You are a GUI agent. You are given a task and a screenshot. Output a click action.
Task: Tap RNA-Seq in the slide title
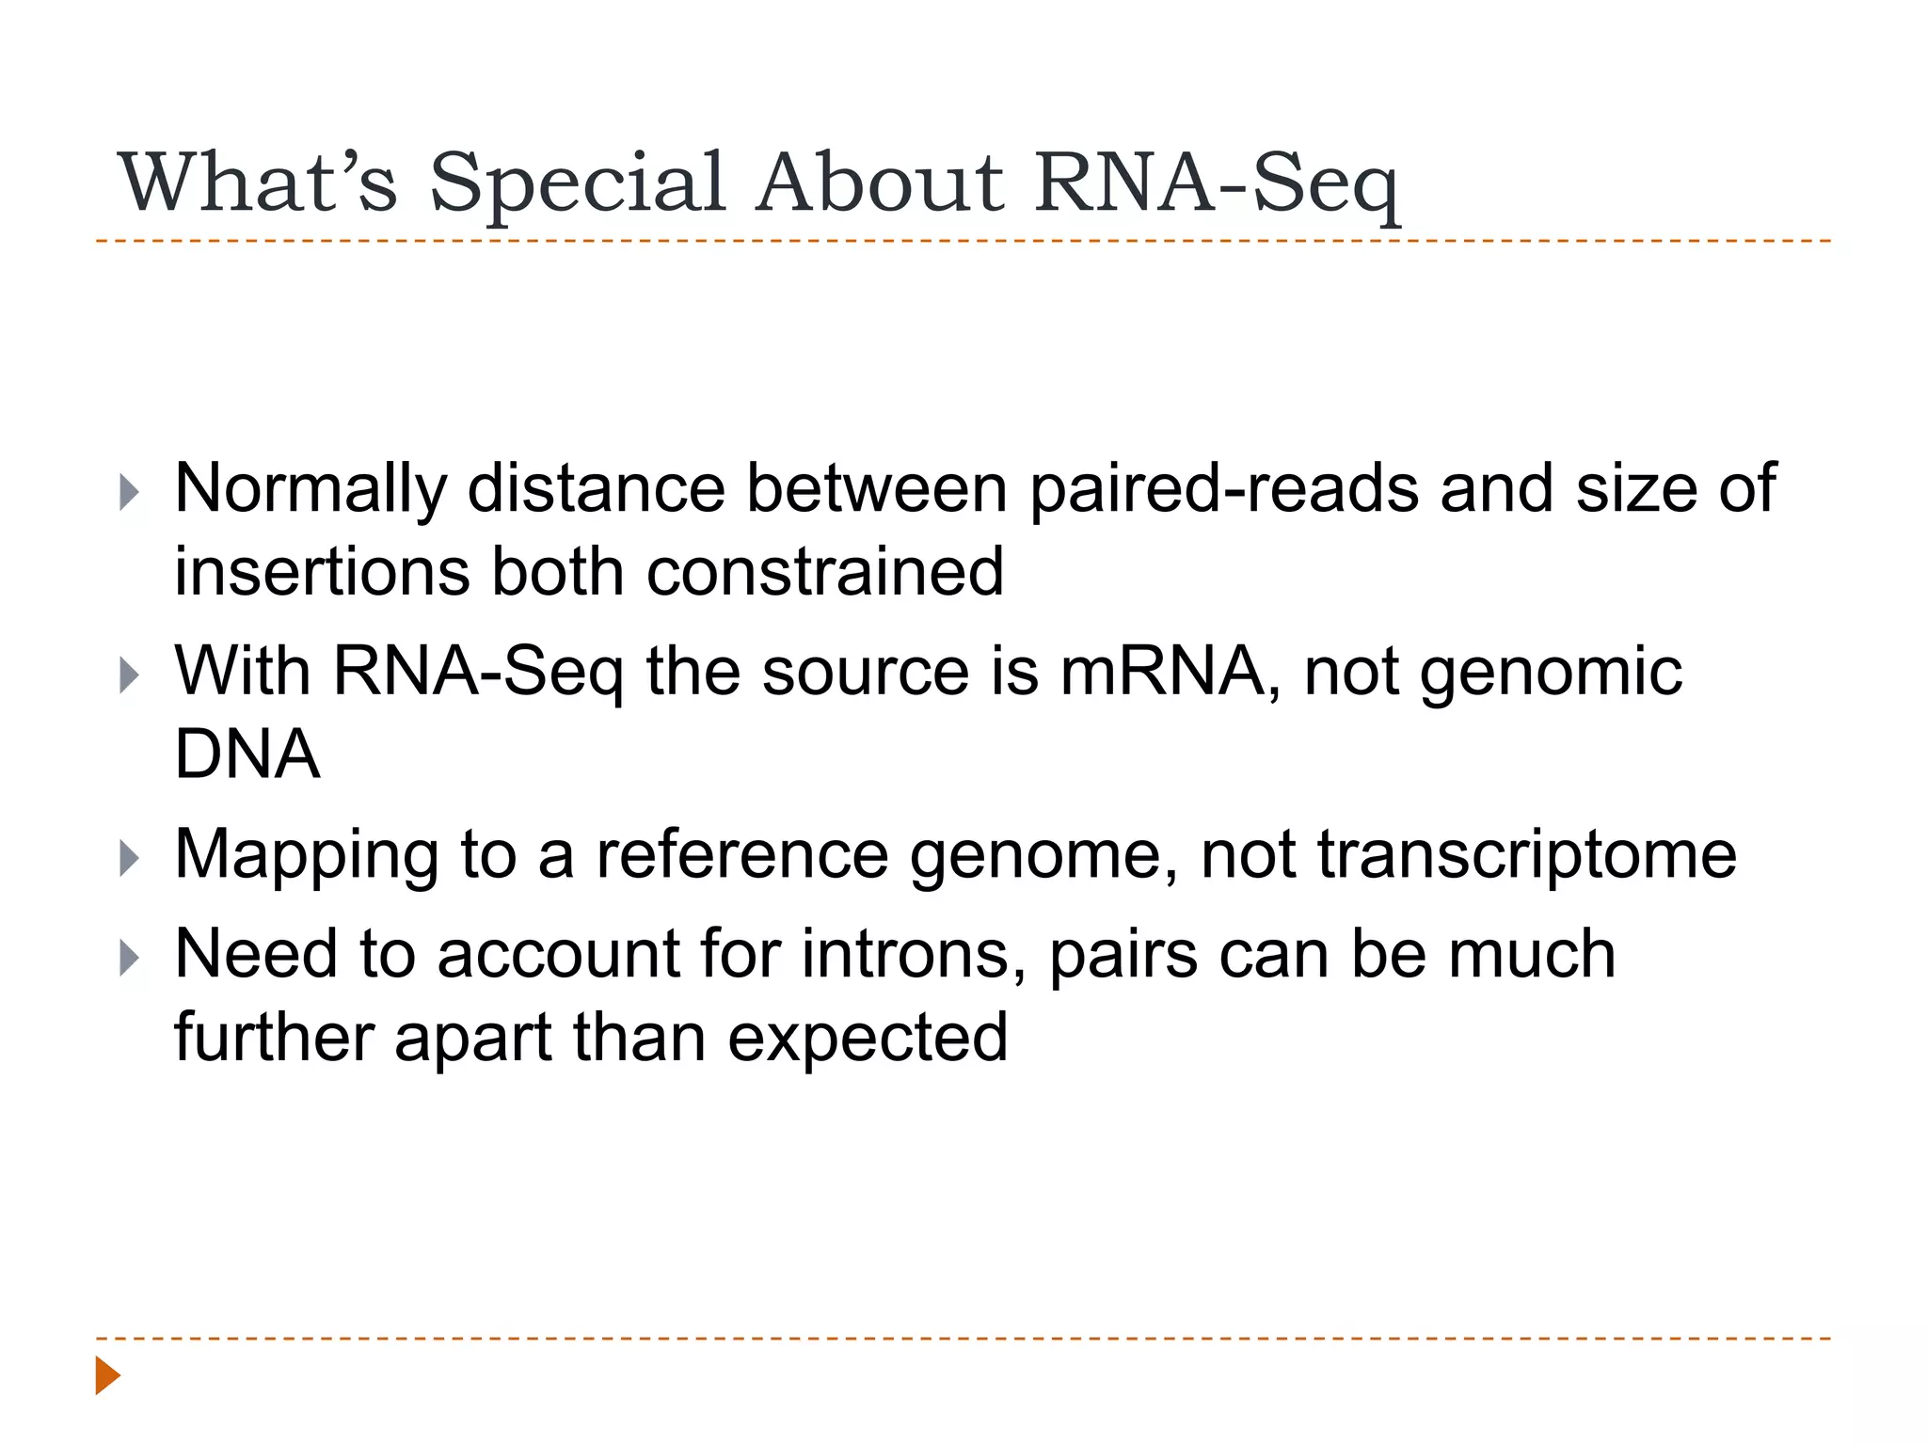1216,183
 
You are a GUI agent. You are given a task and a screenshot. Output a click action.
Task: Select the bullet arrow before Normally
130,492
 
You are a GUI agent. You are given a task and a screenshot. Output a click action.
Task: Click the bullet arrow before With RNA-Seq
130,675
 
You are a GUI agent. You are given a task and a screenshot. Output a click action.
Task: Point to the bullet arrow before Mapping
130,858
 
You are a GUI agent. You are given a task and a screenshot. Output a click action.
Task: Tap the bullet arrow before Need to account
130,958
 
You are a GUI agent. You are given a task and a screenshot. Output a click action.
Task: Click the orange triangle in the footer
107,1375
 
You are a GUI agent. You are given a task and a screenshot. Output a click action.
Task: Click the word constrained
824,572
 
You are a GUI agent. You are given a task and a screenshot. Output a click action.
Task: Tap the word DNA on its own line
247,754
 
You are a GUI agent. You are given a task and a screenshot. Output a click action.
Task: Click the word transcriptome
1526,856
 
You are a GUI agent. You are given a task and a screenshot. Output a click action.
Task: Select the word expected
868,1039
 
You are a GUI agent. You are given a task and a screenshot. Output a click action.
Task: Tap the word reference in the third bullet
741,854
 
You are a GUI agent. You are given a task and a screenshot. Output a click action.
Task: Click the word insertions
322,572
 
